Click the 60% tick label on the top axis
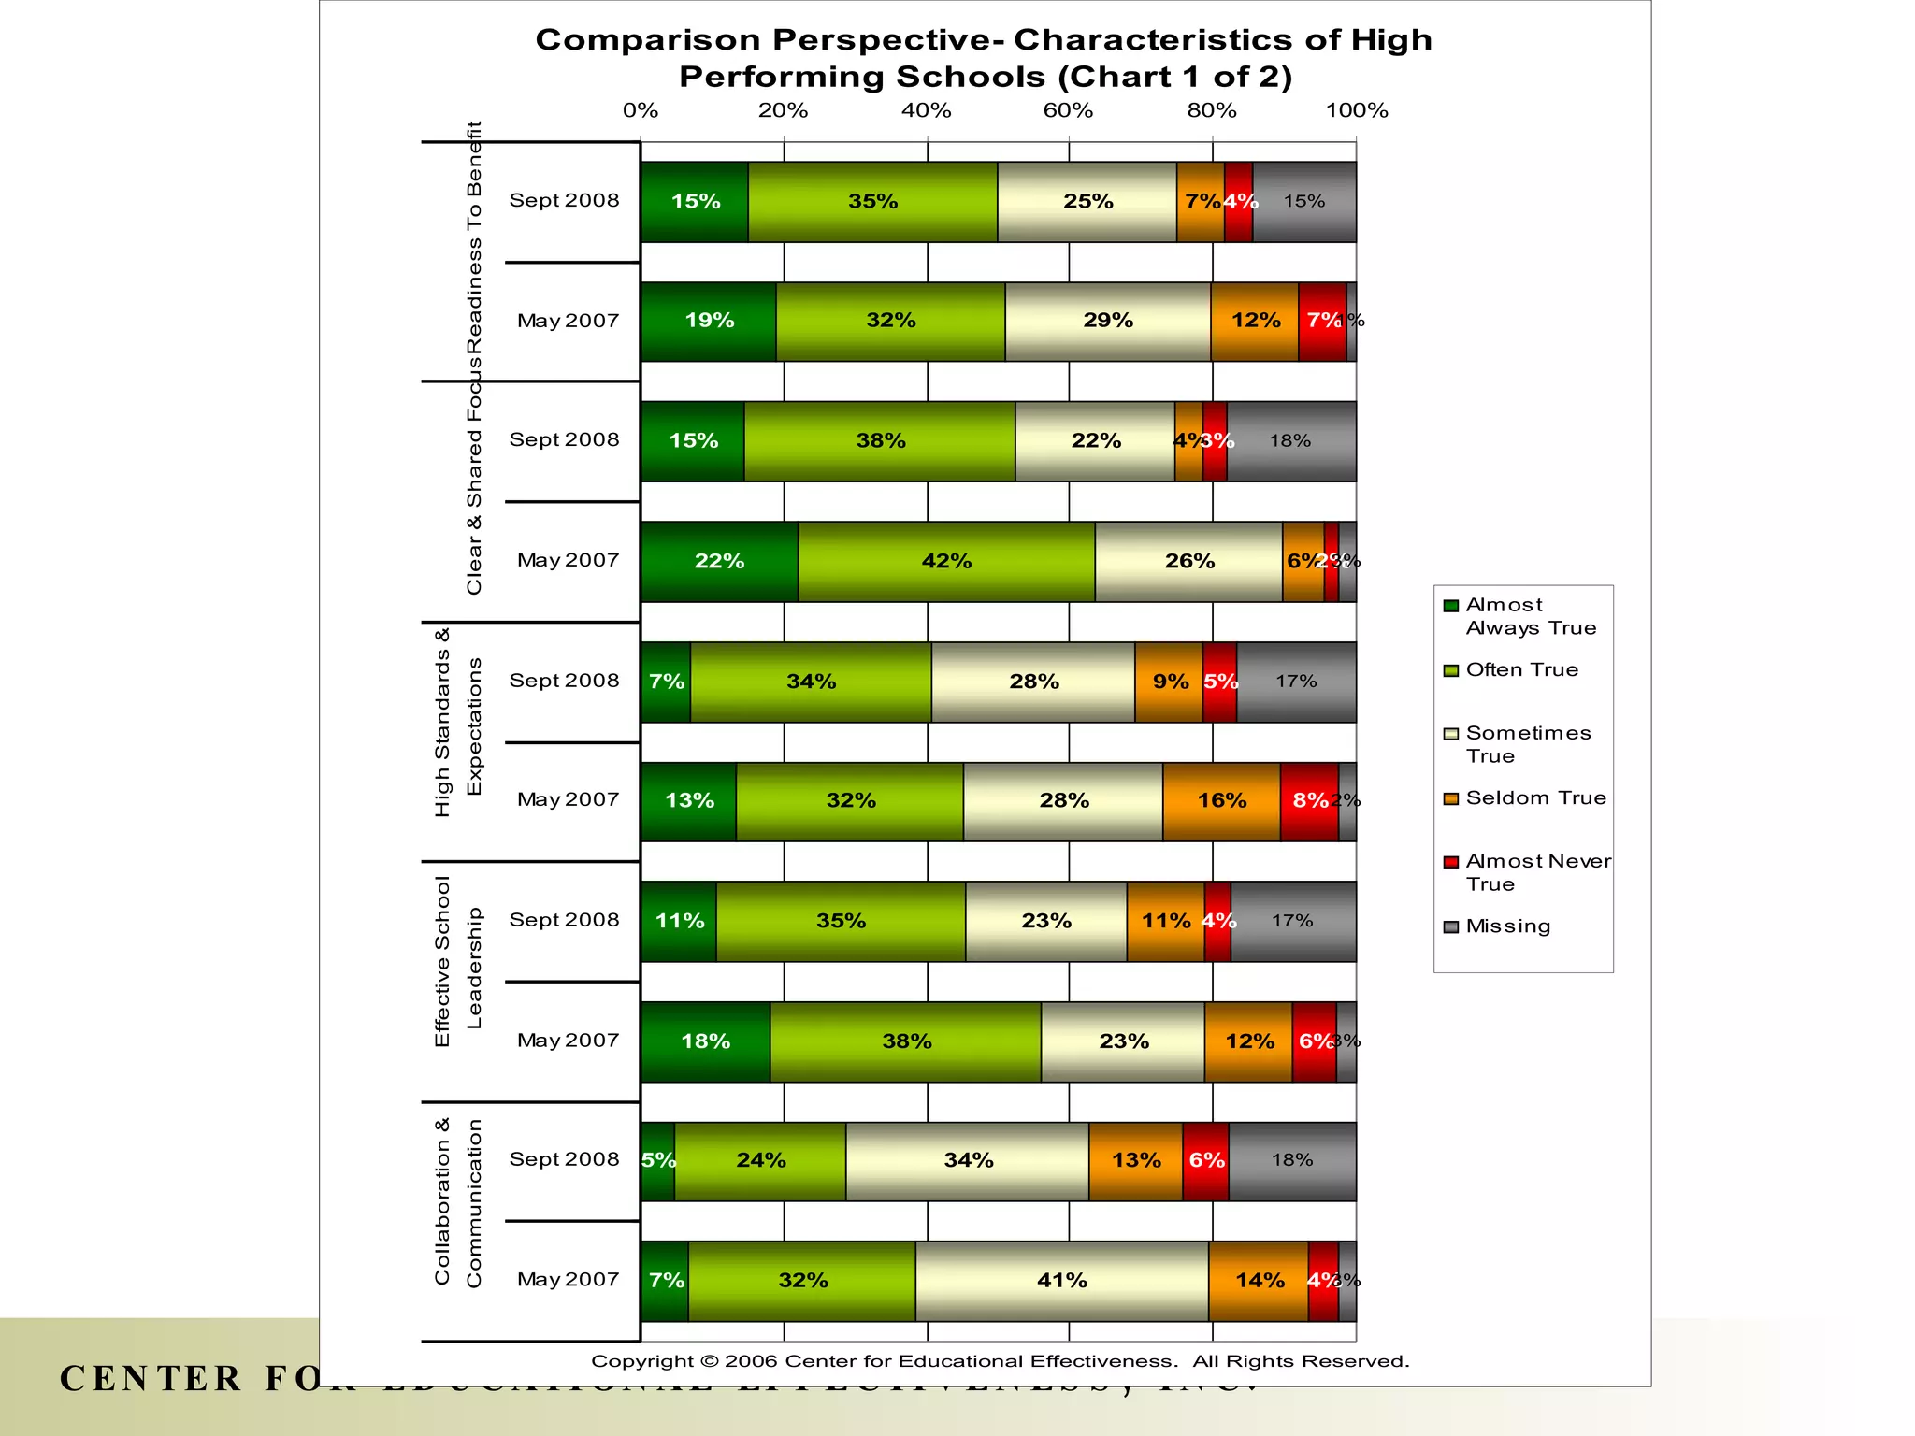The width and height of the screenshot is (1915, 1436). pos(1068,110)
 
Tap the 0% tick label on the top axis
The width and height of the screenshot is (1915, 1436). pos(641,110)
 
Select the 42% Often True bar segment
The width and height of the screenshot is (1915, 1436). pos(946,561)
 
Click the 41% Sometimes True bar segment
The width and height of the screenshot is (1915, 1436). pos(1062,1281)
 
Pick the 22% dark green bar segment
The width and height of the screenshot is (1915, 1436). pos(719,561)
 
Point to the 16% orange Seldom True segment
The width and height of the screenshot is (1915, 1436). pos(1221,801)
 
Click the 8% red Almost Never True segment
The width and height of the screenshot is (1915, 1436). pos(1309,801)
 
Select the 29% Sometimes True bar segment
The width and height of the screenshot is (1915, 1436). pos(1108,321)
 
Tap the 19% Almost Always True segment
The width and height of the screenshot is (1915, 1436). pos(709,321)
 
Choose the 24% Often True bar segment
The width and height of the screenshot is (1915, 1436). pos(760,1161)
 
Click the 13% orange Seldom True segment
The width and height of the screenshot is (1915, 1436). pos(1135,1161)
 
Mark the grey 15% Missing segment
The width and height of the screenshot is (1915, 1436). pos(1304,201)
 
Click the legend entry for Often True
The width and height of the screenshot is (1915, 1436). pos(1521,670)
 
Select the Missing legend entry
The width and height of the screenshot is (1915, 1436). pos(1507,926)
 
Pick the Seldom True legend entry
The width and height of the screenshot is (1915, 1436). pos(1535,798)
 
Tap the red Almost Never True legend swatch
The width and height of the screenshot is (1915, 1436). pos(1451,862)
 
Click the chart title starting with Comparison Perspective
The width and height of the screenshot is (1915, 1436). pos(985,58)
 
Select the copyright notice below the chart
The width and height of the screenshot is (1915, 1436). pos(1000,1361)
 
